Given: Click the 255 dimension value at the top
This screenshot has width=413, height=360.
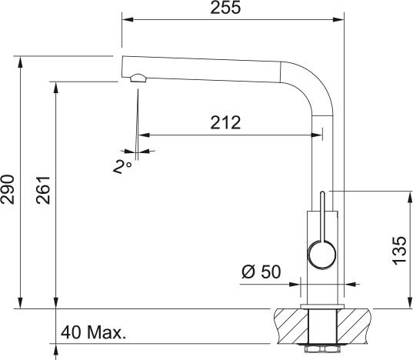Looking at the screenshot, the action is pyautogui.click(x=225, y=8).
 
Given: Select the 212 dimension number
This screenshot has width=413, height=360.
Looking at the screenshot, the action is pyautogui.click(x=225, y=122).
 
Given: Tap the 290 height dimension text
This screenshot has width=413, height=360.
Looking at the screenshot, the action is pyautogui.click(x=7, y=189).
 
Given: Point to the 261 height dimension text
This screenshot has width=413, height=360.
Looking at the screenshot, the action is pyautogui.click(x=43, y=190).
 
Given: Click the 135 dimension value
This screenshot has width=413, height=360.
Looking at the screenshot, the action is pyautogui.click(x=399, y=251).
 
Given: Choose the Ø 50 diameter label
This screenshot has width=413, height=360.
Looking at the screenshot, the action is pyautogui.click(x=261, y=272).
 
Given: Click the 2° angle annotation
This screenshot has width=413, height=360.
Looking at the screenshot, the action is pyautogui.click(x=122, y=167).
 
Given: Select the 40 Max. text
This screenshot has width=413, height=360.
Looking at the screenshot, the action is pyautogui.click(x=93, y=332).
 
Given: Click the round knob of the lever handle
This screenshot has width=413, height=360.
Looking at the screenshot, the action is pyautogui.click(x=322, y=255).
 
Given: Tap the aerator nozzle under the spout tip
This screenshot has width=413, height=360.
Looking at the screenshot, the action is pyautogui.click(x=138, y=78).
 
